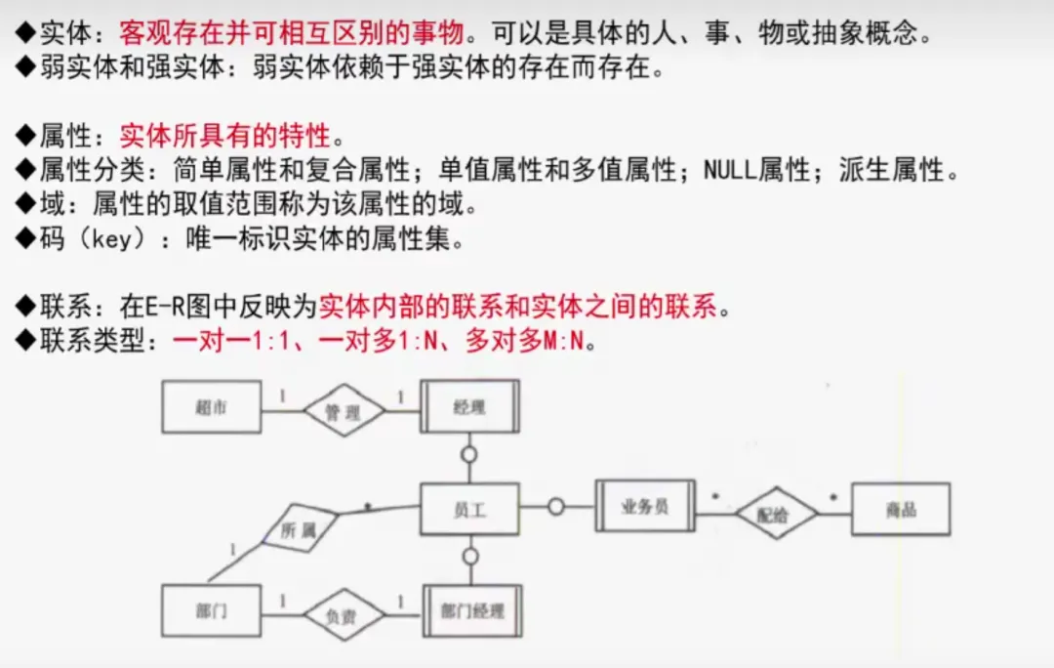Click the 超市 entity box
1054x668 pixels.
[x=211, y=407]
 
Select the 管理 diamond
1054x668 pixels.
[x=343, y=411]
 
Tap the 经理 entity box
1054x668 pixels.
[x=470, y=407]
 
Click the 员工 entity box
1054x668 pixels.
[x=469, y=509]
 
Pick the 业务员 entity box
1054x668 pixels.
[x=645, y=506]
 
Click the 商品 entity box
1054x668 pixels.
[x=900, y=509]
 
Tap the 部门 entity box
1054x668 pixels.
[x=211, y=610]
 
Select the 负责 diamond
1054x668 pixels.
[x=341, y=614]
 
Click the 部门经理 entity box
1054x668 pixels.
[x=472, y=611]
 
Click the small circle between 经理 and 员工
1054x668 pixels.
[x=469, y=454]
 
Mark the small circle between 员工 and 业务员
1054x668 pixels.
[x=556, y=507]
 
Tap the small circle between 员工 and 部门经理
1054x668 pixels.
[x=470, y=557]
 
